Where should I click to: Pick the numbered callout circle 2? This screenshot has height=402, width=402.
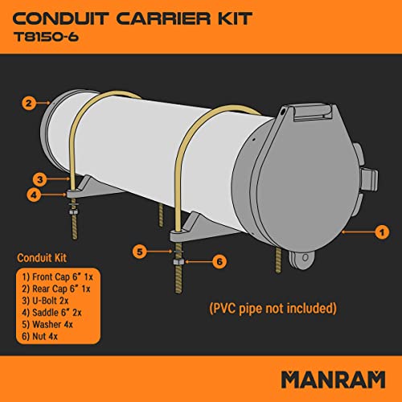coord(28,103)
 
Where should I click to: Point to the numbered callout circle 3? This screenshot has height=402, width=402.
coord(38,178)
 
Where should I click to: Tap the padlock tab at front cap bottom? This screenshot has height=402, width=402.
coord(303,260)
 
